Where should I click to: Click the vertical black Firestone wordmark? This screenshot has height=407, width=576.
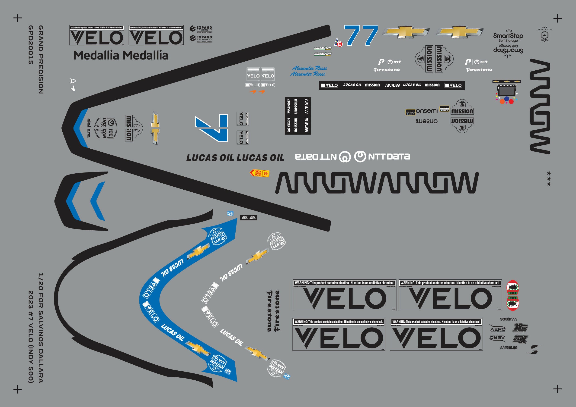(x=273, y=311)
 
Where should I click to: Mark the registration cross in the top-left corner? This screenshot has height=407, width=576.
(x=18, y=18)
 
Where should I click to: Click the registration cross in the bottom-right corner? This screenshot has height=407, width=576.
(x=557, y=389)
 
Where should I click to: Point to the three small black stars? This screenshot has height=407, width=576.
(x=549, y=179)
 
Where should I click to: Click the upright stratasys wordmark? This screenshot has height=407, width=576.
(x=509, y=319)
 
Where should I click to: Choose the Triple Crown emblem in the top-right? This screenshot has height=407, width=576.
(x=544, y=35)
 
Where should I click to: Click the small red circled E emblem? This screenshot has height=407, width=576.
(x=340, y=45)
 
